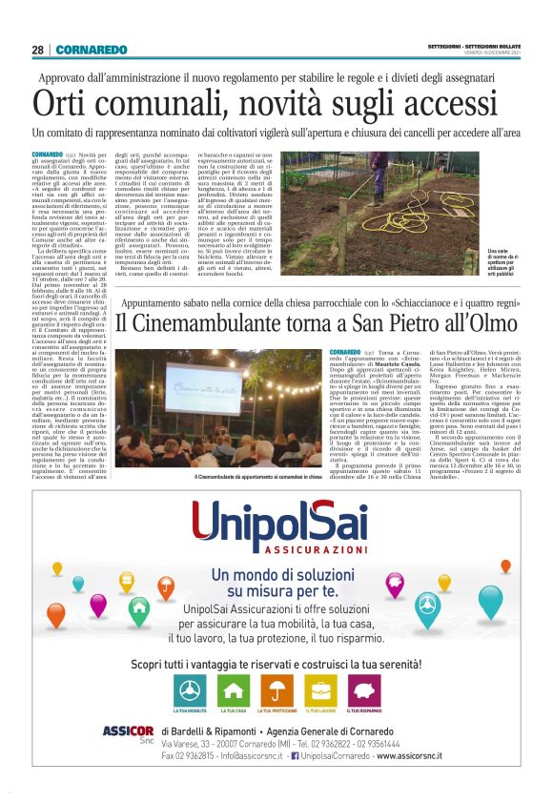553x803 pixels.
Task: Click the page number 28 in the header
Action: (37, 50)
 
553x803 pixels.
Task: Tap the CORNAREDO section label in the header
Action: (91, 50)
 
